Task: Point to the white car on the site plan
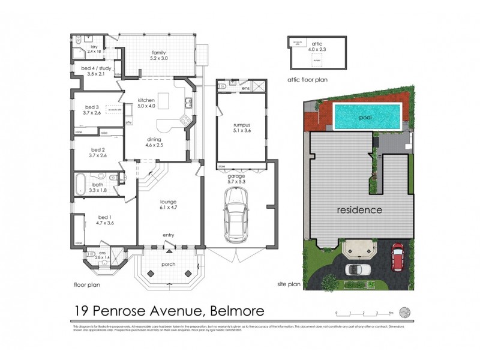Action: tap(358, 269)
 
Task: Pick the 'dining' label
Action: tap(155, 139)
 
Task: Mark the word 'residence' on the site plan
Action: tap(359, 210)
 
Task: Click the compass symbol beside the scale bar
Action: tap(406, 311)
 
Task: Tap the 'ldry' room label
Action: tap(94, 46)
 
